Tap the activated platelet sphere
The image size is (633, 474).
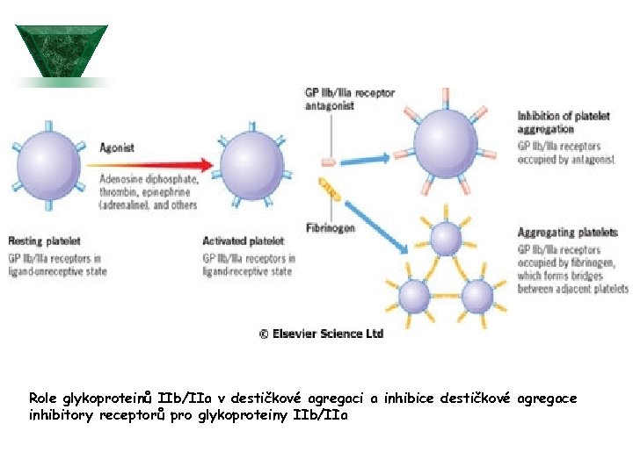point(251,164)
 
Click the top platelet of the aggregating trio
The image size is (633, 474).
point(447,238)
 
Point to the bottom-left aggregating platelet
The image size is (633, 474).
point(413,296)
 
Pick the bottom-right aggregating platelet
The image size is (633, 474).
point(478,296)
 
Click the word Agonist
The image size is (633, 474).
point(117,147)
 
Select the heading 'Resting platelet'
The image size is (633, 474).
point(44,241)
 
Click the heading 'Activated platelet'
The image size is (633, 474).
point(244,241)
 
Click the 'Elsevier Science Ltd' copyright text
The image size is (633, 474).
point(321,334)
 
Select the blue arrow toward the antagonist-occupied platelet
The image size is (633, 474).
point(369,160)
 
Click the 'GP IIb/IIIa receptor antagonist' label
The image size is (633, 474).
point(349,99)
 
